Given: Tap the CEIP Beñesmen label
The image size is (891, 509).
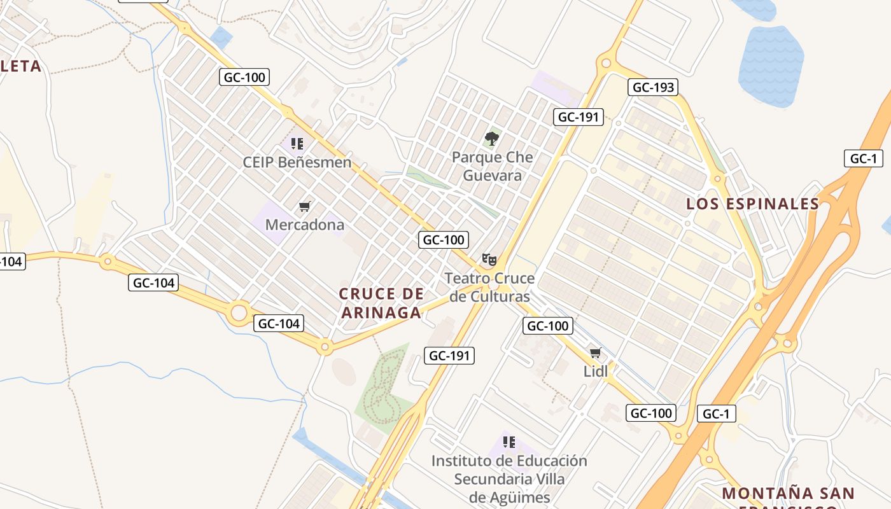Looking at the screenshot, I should click(x=297, y=162).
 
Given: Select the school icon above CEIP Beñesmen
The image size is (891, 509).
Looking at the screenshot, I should click(x=297, y=144).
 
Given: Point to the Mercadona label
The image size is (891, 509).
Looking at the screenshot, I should click(x=304, y=225).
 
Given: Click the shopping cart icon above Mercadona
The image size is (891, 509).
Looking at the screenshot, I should click(x=304, y=206).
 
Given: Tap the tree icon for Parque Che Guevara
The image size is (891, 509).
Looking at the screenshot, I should click(x=491, y=138).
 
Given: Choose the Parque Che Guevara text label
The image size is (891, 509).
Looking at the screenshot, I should click(x=492, y=166).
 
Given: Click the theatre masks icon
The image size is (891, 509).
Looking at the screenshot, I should click(x=489, y=259).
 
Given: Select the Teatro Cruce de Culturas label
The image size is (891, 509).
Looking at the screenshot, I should click(x=489, y=288).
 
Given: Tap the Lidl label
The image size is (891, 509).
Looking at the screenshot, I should click(x=595, y=371).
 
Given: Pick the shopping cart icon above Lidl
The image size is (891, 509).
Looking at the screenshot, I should click(x=595, y=352).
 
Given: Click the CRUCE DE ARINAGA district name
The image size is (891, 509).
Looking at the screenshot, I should click(x=381, y=303).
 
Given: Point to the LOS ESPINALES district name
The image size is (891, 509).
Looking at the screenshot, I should click(x=752, y=204).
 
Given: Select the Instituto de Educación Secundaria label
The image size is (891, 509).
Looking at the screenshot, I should click(x=509, y=478).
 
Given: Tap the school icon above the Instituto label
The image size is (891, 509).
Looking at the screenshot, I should click(x=509, y=442).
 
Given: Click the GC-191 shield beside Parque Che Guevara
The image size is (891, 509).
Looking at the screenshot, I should click(x=579, y=117).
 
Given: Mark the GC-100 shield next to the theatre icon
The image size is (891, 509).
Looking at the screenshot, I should click(x=444, y=240).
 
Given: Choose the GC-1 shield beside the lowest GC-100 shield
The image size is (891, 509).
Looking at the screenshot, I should click(x=716, y=414).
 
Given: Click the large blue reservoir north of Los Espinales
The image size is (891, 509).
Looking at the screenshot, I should click(x=771, y=66).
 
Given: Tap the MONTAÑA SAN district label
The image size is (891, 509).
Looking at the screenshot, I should click(x=788, y=494).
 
